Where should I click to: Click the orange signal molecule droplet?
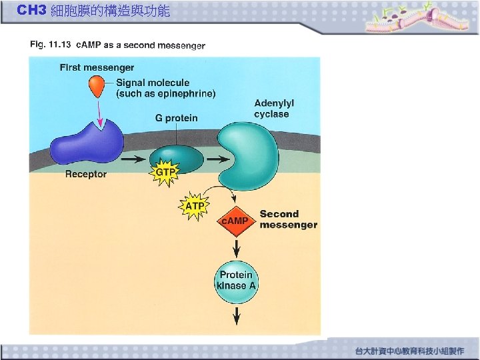97,85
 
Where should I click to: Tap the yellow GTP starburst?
166,173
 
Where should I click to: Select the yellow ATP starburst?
195,207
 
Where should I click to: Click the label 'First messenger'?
97,67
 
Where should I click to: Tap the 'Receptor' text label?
86,175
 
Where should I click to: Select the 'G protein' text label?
177,118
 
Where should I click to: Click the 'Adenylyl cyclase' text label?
274,109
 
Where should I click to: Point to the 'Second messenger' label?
288,219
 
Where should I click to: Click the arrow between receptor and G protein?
133,160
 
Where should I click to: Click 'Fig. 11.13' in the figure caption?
50,45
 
